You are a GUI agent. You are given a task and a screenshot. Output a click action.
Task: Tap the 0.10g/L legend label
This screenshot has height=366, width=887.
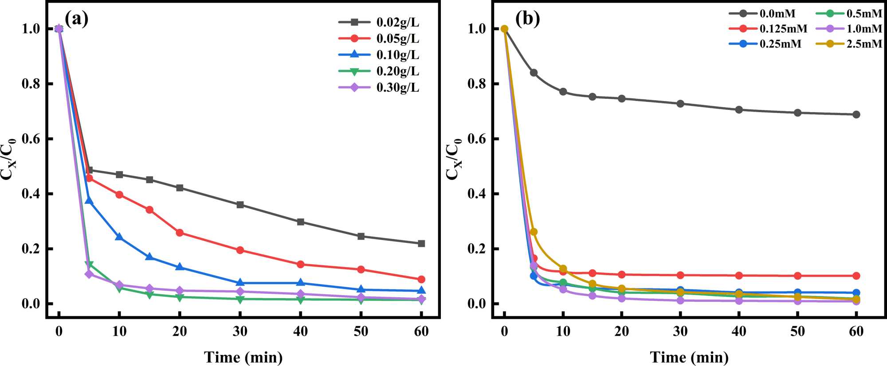397,55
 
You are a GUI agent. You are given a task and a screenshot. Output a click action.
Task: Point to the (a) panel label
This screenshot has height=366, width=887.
76,19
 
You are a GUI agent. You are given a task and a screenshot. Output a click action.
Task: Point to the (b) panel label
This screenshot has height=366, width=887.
527,19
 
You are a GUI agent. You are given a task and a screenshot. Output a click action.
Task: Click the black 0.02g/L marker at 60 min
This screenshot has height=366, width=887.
421,243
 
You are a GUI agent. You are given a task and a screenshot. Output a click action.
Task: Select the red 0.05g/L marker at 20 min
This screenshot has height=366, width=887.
180,233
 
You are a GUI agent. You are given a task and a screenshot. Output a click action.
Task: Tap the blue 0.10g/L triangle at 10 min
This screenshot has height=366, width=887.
119,237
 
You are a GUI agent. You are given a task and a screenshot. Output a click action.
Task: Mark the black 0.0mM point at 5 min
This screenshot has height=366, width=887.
534,73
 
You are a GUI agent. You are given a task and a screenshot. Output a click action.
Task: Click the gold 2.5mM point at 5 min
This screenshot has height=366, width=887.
534,232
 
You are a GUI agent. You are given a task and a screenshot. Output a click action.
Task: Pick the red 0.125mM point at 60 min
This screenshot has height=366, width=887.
856,276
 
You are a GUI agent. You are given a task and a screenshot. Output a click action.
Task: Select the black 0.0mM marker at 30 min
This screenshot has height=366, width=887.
680,104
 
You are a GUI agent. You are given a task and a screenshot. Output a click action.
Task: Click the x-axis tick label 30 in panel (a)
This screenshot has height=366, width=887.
240,331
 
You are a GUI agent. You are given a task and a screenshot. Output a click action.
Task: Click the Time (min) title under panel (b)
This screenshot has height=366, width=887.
689,357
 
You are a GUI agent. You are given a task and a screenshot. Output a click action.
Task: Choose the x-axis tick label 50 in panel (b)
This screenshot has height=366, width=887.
797,331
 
